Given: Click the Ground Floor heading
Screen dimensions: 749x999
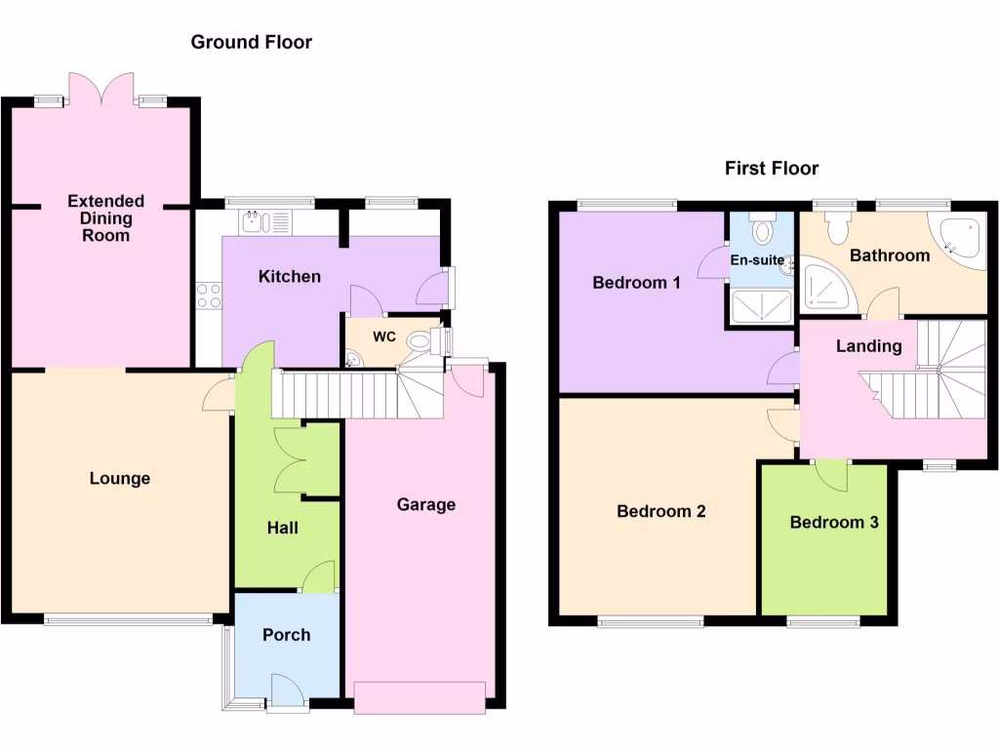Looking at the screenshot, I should coord(251,42).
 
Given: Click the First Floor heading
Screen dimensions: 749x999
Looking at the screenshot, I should coord(771,168).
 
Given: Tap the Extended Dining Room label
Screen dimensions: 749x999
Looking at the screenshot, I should coord(105,217).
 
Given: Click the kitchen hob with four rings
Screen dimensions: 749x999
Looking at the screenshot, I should coord(209,295).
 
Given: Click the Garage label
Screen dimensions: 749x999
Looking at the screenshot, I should coord(426,504).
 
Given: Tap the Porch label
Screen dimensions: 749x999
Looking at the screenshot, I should coord(286,635).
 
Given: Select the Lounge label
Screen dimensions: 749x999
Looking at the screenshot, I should coord(120,478).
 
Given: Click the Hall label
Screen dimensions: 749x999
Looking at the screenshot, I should coord(283,528).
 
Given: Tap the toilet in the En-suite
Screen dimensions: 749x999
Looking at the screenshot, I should coord(763,230).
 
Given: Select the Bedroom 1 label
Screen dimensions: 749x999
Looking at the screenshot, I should coord(636,283).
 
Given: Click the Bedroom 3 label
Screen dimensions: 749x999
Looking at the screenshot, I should coord(834,522).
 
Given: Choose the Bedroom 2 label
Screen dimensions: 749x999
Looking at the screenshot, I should coord(660,511).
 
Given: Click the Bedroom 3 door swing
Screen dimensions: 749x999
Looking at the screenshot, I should coord(831,476).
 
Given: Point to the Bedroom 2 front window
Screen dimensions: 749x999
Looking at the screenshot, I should coord(650,620).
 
